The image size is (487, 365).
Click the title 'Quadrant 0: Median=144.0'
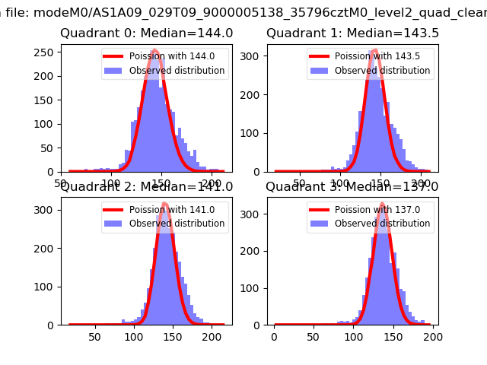147,33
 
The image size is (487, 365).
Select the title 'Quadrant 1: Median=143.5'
352,33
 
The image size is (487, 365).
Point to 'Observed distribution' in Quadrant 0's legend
177,71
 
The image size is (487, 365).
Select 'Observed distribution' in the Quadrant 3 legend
382,224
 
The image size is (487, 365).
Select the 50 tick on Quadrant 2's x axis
95,336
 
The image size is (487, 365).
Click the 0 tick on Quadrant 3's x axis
275,336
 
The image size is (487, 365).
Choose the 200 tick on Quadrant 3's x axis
431,336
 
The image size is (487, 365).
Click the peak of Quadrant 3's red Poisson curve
382,204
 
